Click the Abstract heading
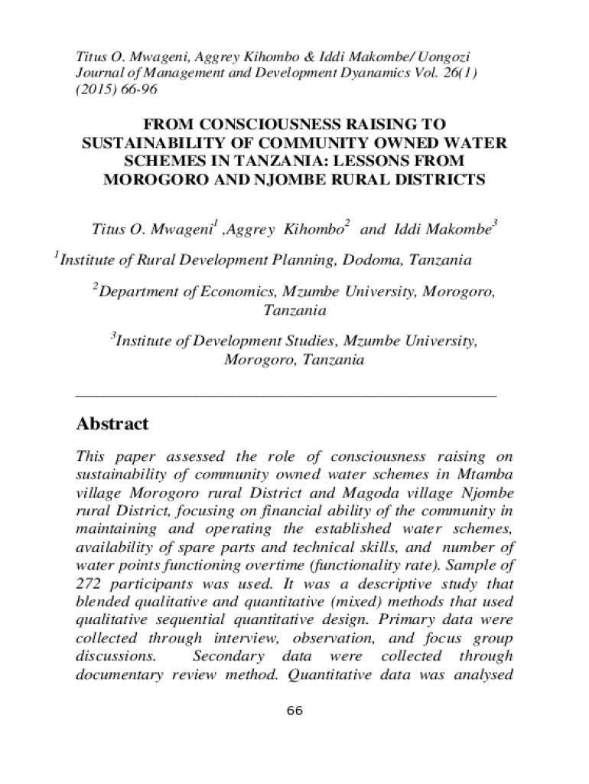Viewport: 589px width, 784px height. (x=112, y=424)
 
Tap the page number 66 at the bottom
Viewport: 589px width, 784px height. (x=294, y=711)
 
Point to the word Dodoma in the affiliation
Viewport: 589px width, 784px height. (x=373, y=260)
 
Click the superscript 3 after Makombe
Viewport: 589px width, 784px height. (x=495, y=223)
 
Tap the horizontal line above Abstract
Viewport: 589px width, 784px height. (x=286, y=395)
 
